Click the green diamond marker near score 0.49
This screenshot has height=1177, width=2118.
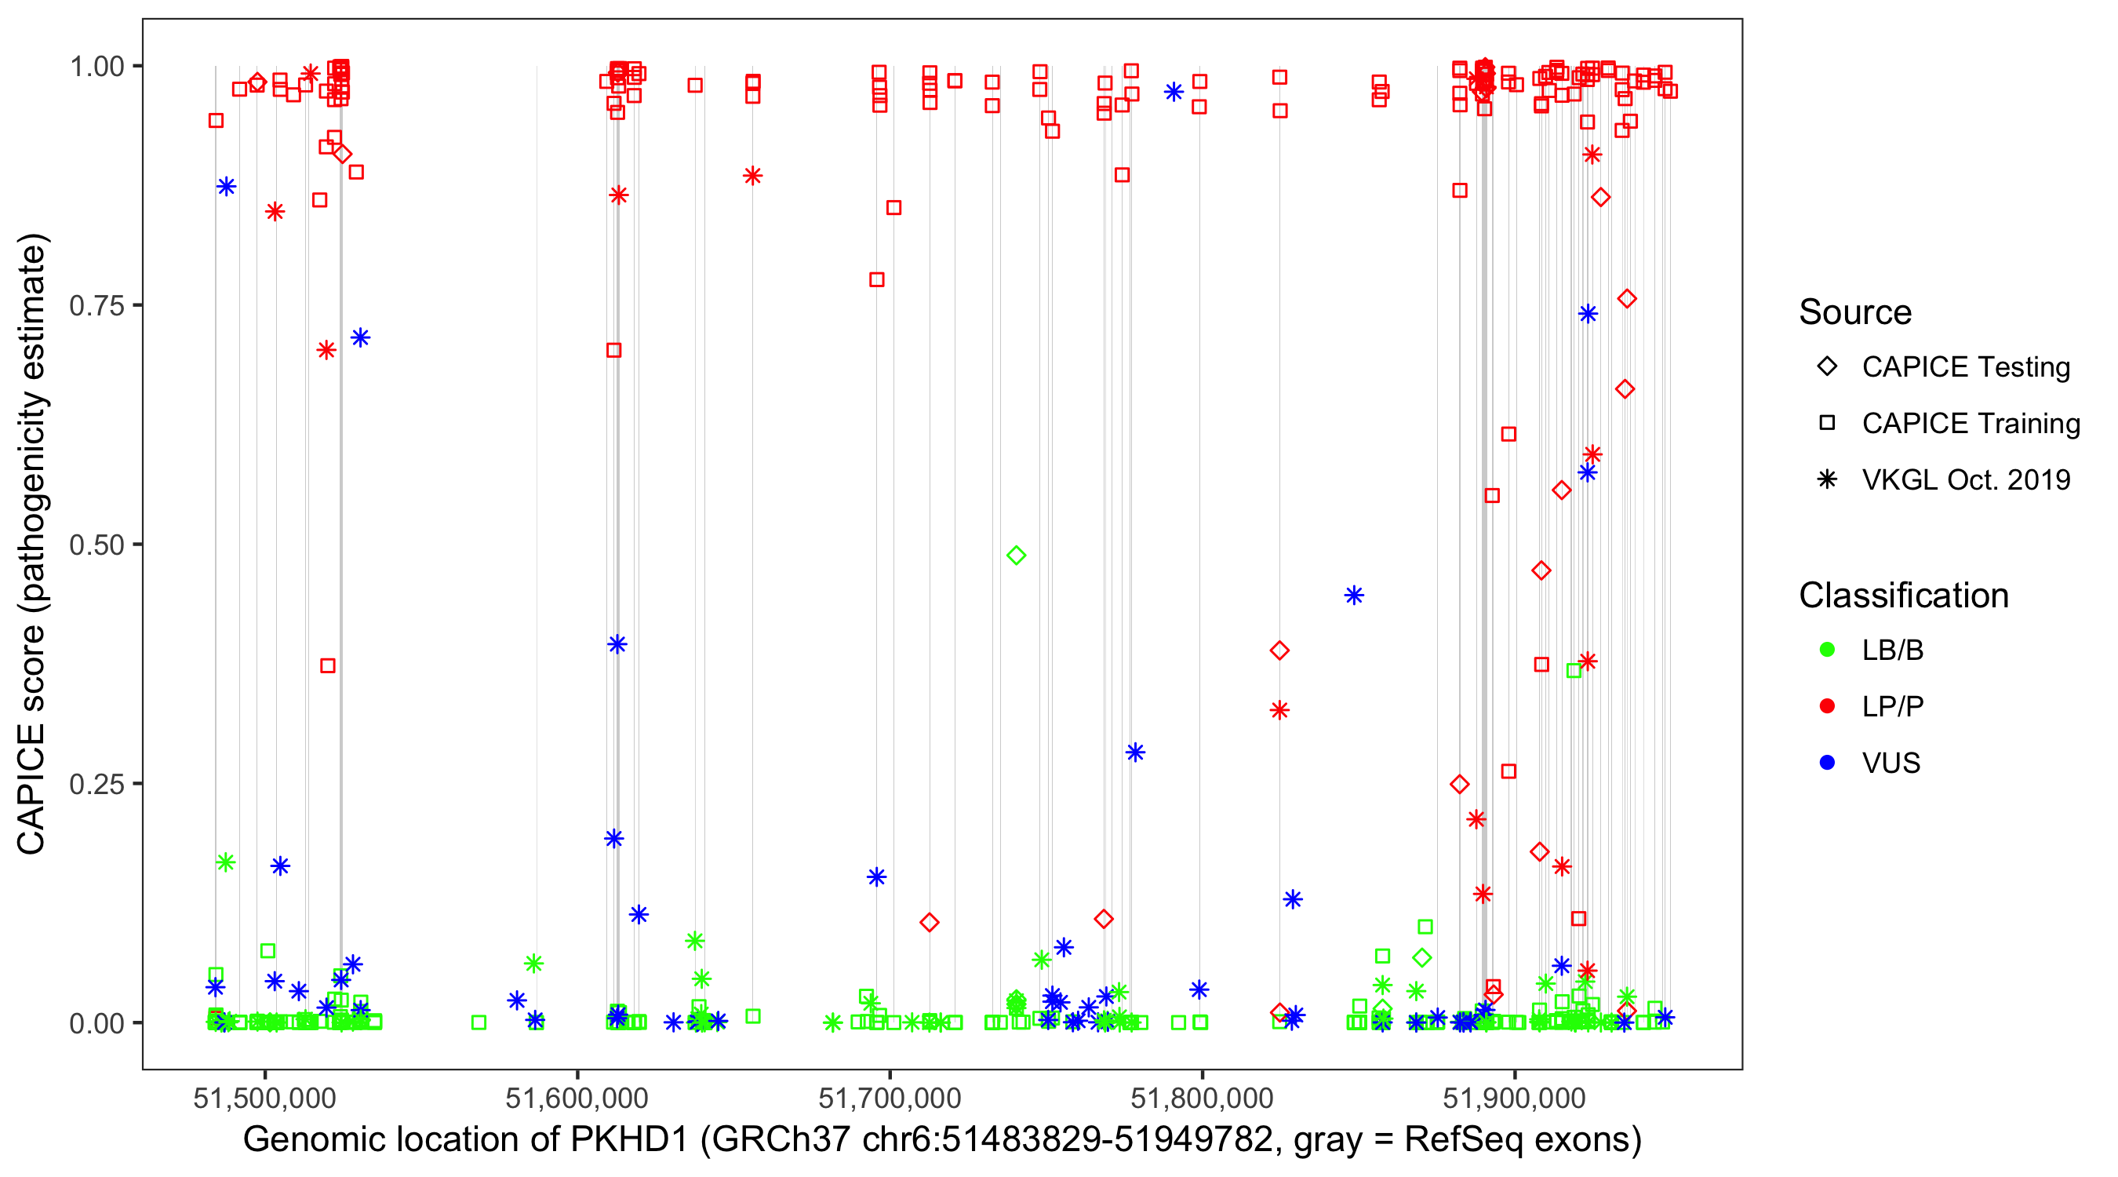[x=1016, y=556]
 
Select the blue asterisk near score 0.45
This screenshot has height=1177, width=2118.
[x=1354, y=595]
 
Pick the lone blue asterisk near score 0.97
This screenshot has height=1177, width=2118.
[x=1174, y=91]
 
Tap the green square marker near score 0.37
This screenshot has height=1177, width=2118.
[x=1574, y=670]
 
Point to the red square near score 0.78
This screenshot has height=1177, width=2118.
[x=877, y=279]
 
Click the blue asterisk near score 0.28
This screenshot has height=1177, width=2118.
[x=1135, y=752]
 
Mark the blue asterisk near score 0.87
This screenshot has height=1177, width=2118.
[x=226, y=186]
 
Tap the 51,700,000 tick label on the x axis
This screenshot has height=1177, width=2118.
[x=890, y=1098]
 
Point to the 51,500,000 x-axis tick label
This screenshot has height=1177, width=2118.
[x=265, y=1098]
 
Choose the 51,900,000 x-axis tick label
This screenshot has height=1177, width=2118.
[x=1515, y=1098]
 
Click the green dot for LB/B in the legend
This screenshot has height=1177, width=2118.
[x=1828, y=650]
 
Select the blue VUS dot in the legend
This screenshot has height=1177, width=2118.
[x=1828, y=763]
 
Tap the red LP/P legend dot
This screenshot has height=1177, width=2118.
[x=1828, y=706]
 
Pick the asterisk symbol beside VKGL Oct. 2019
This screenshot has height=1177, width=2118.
[x=1828, y=479]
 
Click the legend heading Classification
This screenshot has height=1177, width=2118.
[x=1903, y=596]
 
